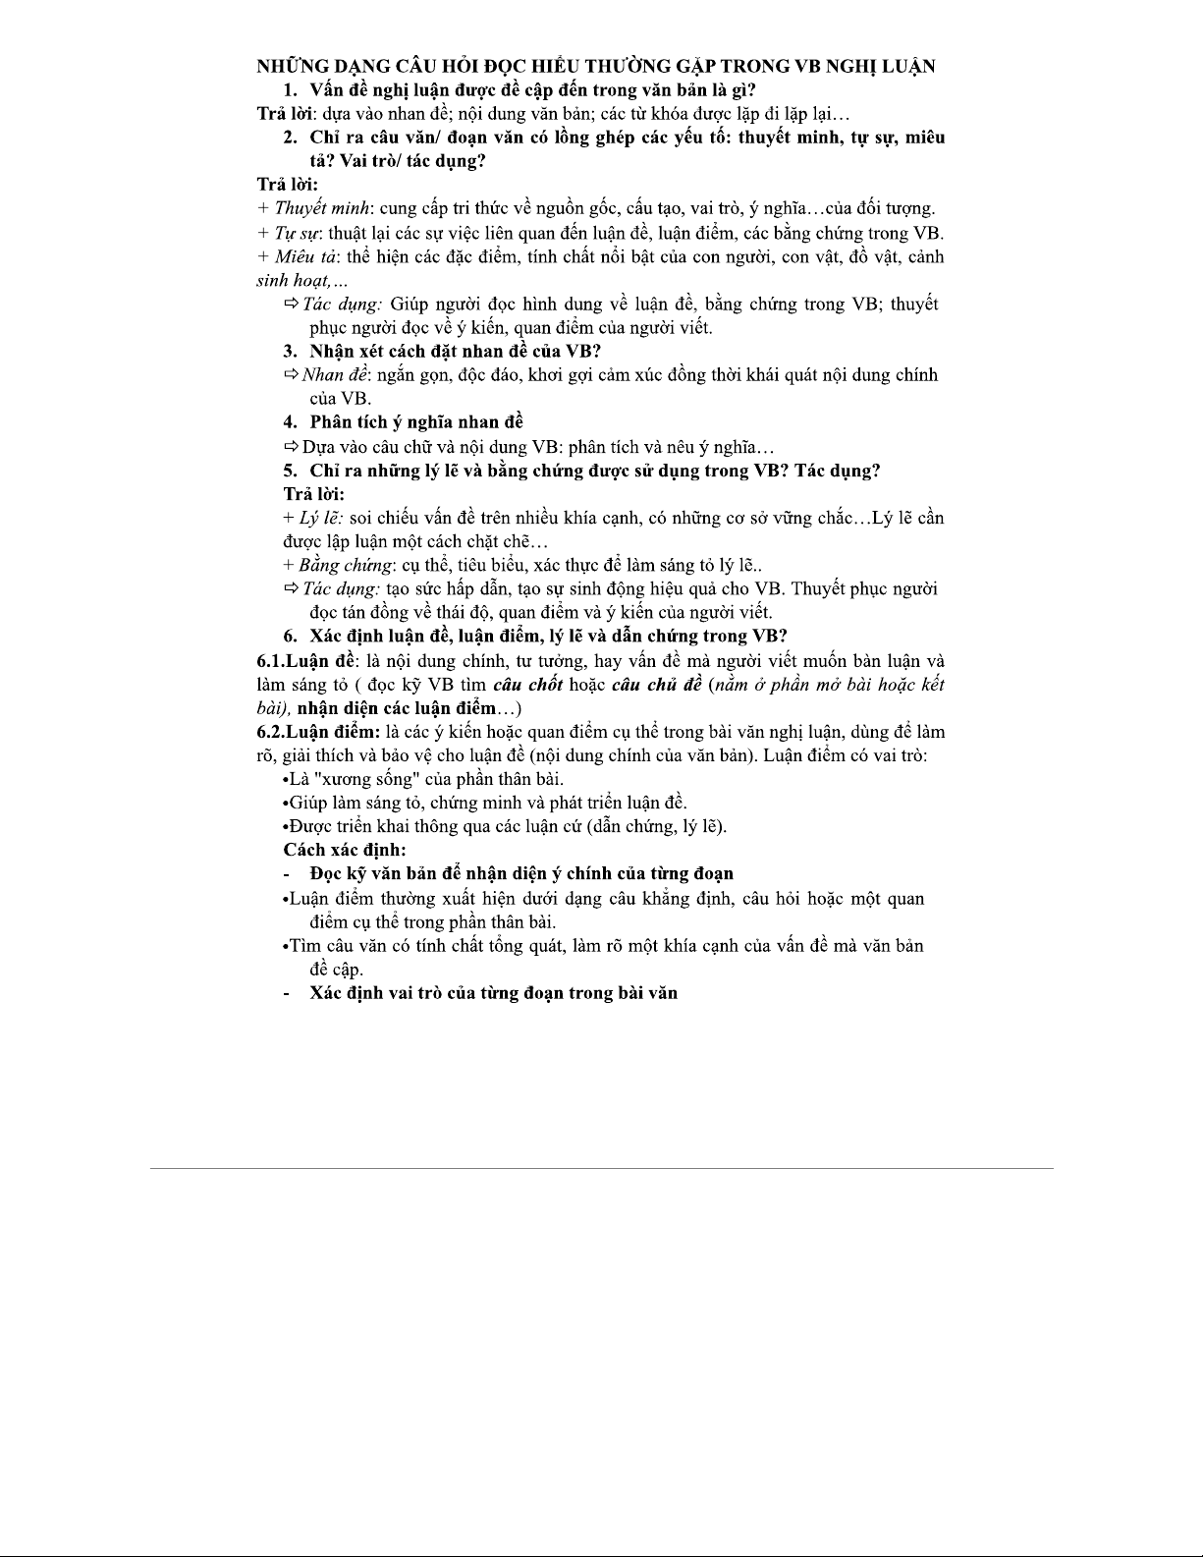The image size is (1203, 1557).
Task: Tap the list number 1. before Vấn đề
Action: click(290, 90)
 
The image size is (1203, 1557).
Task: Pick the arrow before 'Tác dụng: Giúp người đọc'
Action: click(291, 304)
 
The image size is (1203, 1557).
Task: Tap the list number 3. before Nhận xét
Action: click(290, 351)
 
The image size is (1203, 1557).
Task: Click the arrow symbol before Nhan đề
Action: click(291, 374)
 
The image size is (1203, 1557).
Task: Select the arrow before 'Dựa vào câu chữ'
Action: click(291, 447)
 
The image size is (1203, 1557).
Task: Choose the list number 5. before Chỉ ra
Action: click(290, 470)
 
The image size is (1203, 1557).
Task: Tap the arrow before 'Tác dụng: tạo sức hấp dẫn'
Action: click(291, 588)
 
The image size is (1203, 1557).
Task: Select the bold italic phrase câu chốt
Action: click(527, 684)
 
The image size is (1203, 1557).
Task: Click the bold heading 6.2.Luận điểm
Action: click(317, 732)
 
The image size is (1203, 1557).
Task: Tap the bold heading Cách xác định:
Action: click(345, 850)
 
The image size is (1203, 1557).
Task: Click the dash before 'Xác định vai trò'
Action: click(287, 993)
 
